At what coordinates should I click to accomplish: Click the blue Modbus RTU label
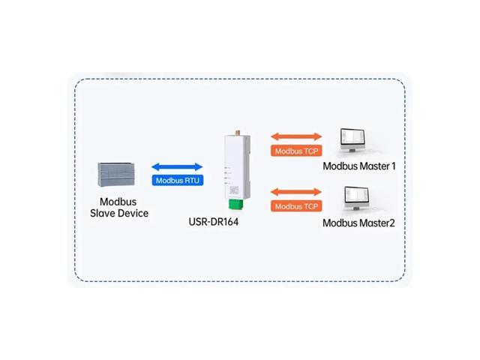point(177,181)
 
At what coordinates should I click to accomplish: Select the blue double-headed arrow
point(177,167)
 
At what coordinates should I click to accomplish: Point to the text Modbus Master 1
point(358,166)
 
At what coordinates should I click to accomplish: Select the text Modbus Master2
point(358,223)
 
